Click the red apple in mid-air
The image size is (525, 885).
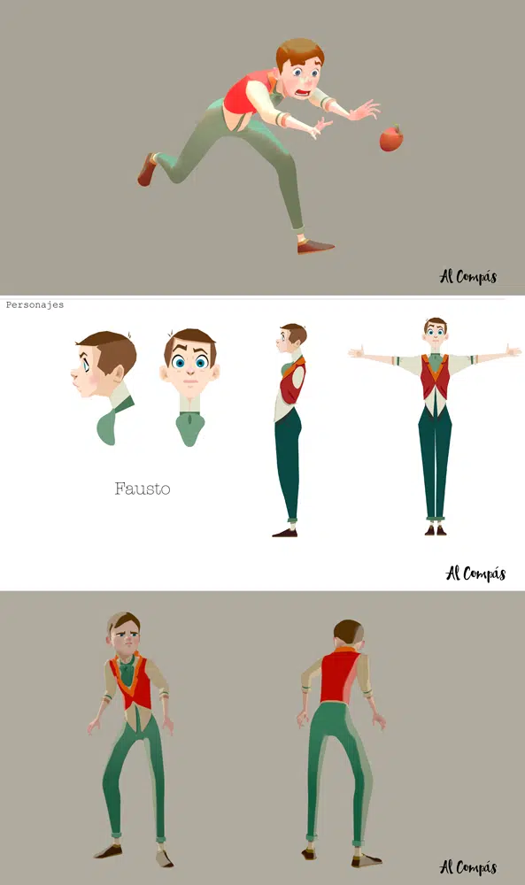click(x=391, y=138)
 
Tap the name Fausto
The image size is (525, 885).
click(x=143, y=489)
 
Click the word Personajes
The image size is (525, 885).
click(x=35, y=304)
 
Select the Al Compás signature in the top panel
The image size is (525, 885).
click(x=468, y=276)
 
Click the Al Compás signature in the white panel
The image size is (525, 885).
click(x=475, y=573)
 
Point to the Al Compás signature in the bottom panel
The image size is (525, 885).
click(x=468, y=867)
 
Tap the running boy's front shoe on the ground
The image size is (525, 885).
click(x=315, y=246)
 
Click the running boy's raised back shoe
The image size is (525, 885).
click(x=147, y=169)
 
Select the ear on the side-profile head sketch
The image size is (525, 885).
click(x=117, y=373)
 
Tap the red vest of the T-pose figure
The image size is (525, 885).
click(x=435, y=376)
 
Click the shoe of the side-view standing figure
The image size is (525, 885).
click(x=285, y=532)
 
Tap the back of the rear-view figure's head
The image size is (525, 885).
click(x=347, y=632)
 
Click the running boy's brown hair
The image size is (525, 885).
click(x=299, y=52)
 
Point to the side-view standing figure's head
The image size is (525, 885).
click(x=291, y=337)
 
